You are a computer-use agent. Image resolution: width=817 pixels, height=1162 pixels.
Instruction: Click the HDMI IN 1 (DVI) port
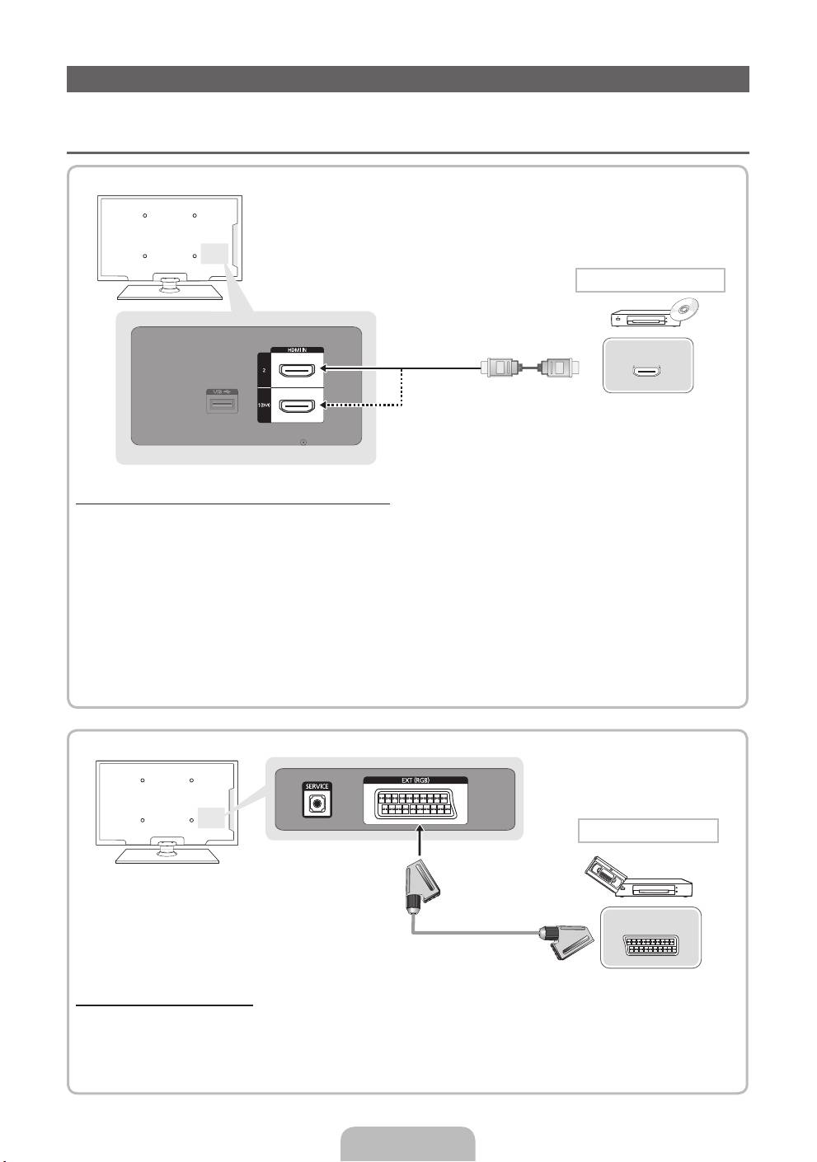pos(298,405)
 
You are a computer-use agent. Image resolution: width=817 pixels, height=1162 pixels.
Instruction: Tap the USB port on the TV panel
pos(223,404)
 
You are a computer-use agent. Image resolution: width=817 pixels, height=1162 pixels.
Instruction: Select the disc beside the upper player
pos(684,310)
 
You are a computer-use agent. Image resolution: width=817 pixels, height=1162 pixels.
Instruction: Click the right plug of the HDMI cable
pos(559,368)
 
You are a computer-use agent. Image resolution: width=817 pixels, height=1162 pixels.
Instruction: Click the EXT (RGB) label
pos(416,780)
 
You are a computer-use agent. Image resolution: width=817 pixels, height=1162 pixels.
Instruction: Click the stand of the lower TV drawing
pos(167,851)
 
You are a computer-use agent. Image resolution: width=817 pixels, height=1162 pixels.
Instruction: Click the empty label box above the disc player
pos(650,280)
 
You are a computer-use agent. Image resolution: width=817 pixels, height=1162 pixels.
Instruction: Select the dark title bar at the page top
pos(408,79)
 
